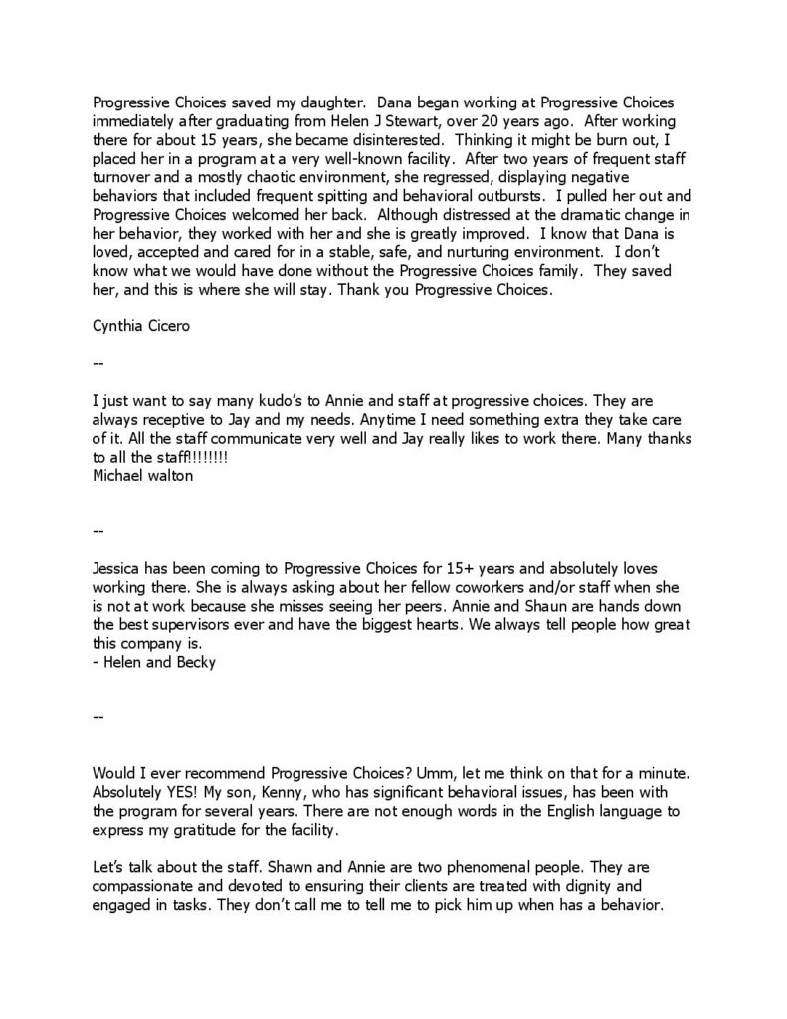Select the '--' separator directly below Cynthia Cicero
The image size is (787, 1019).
coord(97,364)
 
